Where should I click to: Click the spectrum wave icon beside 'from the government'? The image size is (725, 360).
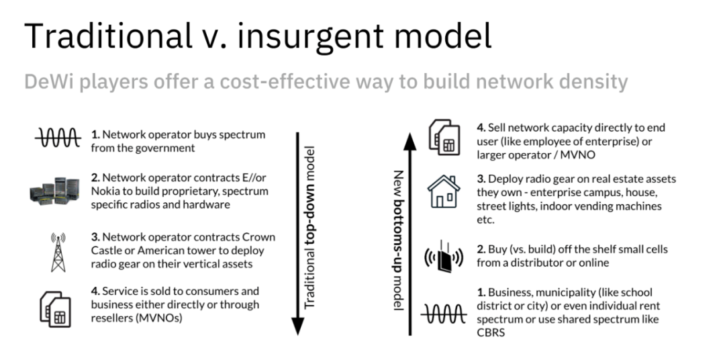(57, 140)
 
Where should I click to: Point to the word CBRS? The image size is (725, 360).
(492, 333)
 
